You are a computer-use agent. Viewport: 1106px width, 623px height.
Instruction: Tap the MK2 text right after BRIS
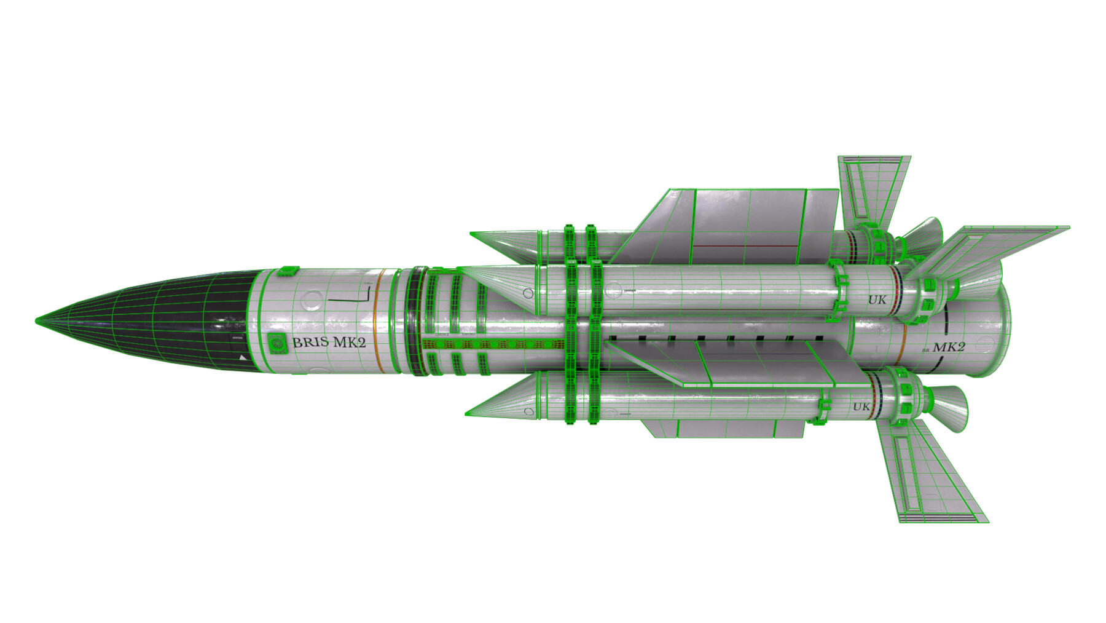coord(349,343)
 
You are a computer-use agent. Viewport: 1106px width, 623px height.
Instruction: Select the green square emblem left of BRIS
coord(277,343)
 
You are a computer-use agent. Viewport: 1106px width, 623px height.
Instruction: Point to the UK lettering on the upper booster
coord(877,300)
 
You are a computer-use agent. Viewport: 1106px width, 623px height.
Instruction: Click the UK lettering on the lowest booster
coord(861,407)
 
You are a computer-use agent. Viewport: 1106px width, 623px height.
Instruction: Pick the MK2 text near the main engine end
coord(949,347)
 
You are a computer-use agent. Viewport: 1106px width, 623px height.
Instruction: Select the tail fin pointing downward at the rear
coord(928,474)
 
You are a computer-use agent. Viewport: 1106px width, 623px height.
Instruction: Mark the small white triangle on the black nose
coord(243,357)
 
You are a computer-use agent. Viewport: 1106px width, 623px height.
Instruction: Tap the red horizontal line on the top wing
coord(747,246)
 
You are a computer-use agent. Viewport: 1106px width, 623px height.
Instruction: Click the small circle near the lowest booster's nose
coord(529,411)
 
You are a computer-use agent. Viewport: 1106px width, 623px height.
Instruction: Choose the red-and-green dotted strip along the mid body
coord(492,344)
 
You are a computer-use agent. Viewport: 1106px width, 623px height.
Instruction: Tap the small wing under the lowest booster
coord(725,428)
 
